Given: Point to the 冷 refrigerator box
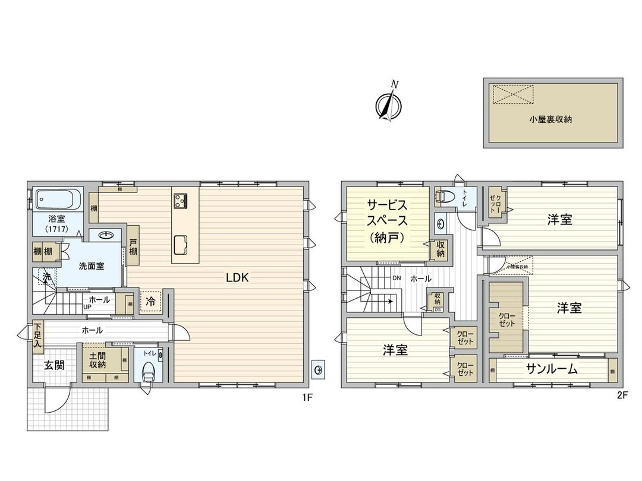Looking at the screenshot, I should (150, 302).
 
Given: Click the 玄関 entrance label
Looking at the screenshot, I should (53, 365).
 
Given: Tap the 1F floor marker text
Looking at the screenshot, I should (307, 398).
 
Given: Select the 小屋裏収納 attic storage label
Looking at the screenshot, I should (550, 119).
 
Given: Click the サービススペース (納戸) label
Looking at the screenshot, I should (387, 221).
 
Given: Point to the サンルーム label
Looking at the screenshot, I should (552, 369).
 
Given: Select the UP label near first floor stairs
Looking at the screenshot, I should (87, 306).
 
